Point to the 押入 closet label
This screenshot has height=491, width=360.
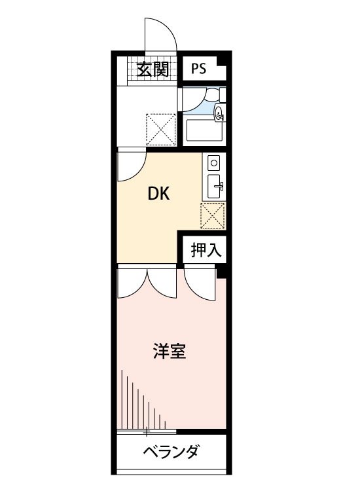pos(204,249)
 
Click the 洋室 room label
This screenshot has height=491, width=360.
pos(170,352)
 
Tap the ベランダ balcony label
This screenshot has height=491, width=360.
pos(170,452)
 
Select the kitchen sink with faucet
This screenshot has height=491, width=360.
pos(215,187)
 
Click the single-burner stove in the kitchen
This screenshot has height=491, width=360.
pos(215,162)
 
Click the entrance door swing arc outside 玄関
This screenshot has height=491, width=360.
pos(161,33)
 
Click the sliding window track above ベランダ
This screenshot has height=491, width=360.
pos(147,431)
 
